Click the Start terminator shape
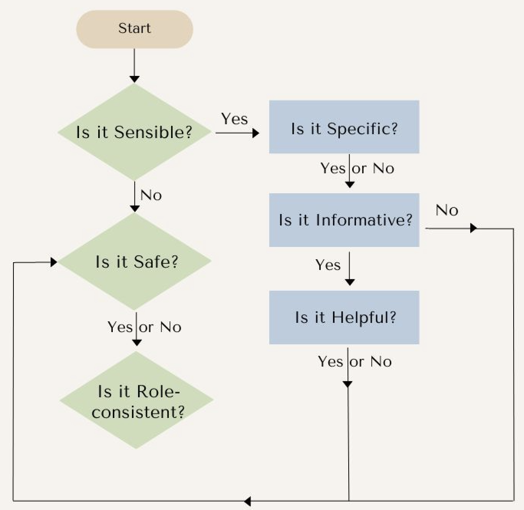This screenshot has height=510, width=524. (x=134, y=29)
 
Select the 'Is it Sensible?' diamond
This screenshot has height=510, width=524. (x=134, y=132)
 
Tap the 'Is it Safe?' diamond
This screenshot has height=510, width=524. (x=134, y=262)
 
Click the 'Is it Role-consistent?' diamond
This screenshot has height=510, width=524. (x=136, y=401)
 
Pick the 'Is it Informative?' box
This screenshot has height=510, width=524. (x=344, y=220)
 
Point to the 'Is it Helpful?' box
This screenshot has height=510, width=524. (x=344, y=318)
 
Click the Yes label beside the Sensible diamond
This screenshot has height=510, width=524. (x=234, y=119)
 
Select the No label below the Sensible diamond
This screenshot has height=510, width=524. (x=151, y=195)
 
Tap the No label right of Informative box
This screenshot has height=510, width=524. (x=447, y=210)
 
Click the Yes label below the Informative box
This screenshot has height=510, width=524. (x=328, y=265)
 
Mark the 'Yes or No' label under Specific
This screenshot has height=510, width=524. (x=357, y=168)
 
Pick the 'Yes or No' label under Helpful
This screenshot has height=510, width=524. (x=355, y=362)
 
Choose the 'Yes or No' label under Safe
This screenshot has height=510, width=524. (x=144, y=327)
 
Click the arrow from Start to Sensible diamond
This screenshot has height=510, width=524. (x=134, y=65)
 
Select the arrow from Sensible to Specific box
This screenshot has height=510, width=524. (x=237, y=133)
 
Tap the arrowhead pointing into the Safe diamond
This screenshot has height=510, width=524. (x=54, y=262)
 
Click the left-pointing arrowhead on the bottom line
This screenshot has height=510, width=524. (x=247, y=501)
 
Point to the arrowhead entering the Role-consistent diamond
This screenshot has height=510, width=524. (x=137, y=342)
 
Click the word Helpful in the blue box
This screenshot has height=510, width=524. (x=364, y=318)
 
